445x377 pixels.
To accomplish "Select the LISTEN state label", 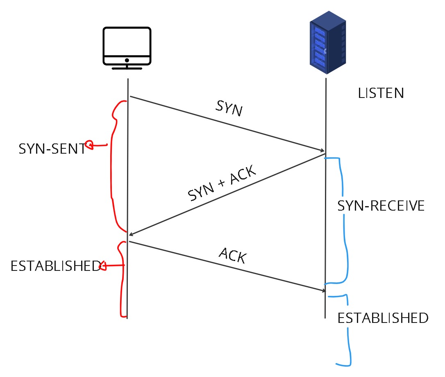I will [x=381, y=93].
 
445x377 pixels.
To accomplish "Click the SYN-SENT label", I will [x=52, y=149].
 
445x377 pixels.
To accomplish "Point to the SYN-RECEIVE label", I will [x=381, y=206].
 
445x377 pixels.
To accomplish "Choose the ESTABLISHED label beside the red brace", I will [x=55, y=266].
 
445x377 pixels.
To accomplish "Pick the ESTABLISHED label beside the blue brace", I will [x=383, y=318].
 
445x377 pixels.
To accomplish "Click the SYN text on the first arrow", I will [x=228, y=109].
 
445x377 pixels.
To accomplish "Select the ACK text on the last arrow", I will [x=232, y=256].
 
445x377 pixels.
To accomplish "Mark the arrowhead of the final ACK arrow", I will [x=322, y=291].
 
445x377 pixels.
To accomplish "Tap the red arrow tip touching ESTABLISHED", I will [x=103, y=267].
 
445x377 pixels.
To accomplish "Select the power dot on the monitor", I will [x=127, y=60].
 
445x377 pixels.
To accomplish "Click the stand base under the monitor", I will [x=127, y=68].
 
